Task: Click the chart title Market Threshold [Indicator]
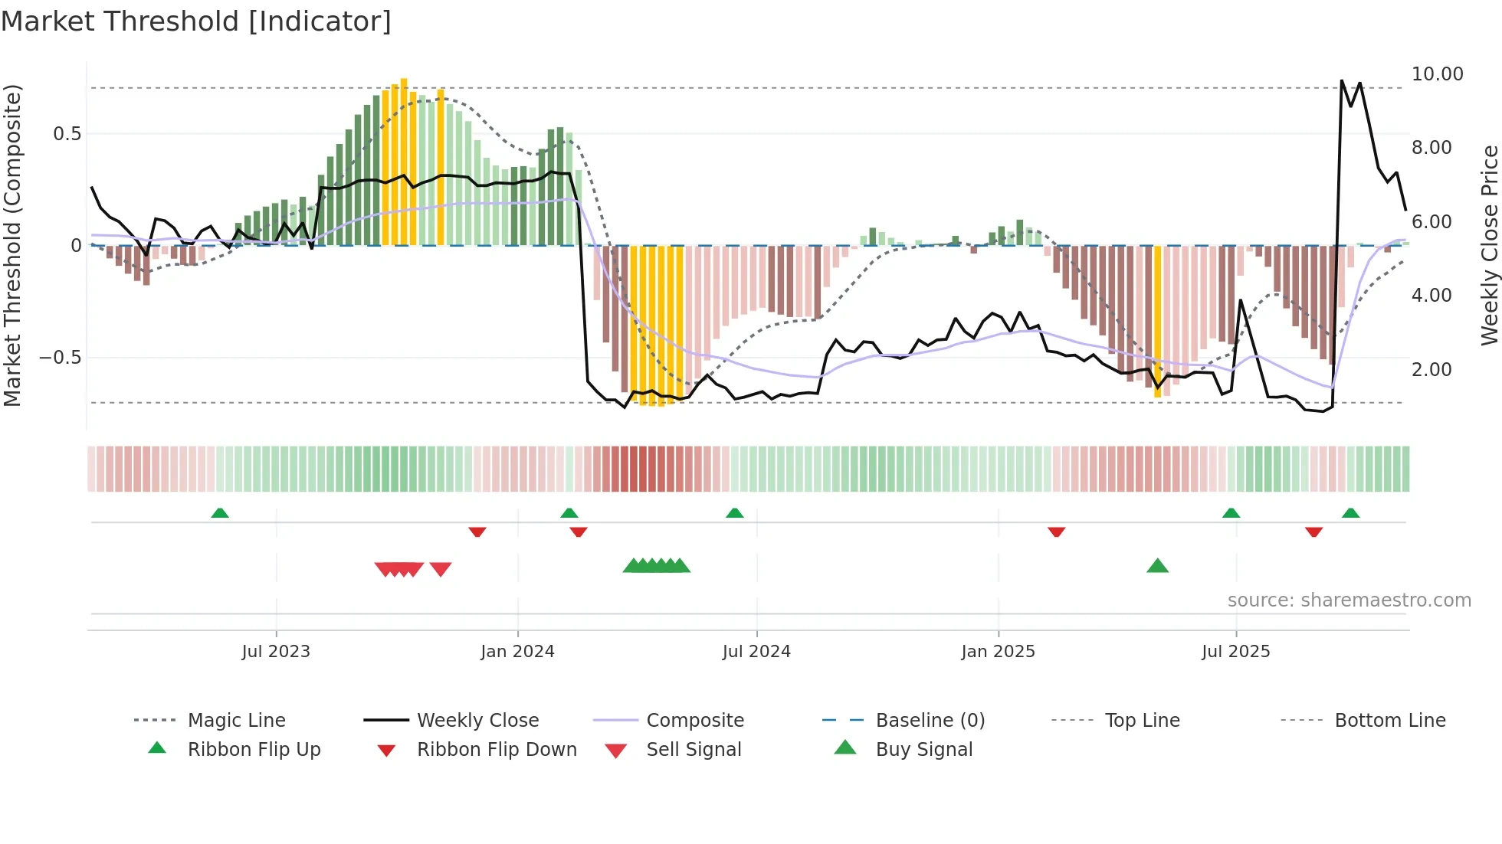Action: point(196,21)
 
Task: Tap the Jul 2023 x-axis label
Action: point(276,652)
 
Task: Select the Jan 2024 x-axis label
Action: point(517,652)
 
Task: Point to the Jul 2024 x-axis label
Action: point(756,652)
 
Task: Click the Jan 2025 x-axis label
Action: point(998,652)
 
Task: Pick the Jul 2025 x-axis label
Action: point(1235,652)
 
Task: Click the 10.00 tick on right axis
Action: point(1437,74)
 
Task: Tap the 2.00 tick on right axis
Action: point(1431,369)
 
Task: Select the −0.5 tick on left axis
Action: point(60,358)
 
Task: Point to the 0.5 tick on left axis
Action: point(67,134)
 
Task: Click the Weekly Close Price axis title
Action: point(1488,245)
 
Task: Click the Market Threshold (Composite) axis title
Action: point(12,245)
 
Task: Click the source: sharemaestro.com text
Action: point(1349,600)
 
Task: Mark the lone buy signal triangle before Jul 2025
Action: point(1157,567)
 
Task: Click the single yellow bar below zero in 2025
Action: point(1157,322)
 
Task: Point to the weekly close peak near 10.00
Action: point(1342,80)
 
